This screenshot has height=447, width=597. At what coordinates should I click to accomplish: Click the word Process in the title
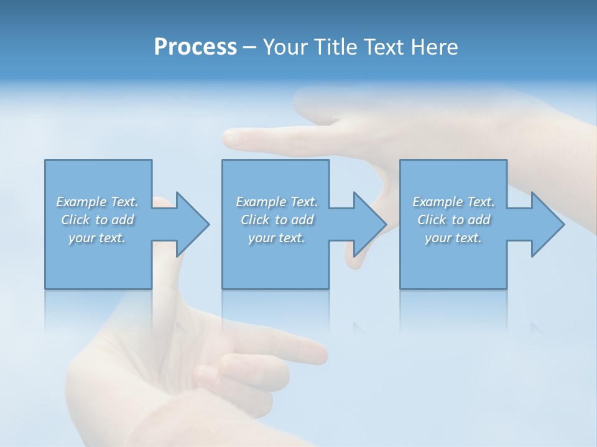[x=195, y=47]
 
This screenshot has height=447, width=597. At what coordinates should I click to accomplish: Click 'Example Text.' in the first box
[x=97, y=202]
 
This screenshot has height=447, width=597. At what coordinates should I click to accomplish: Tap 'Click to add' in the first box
[x=97, y=220]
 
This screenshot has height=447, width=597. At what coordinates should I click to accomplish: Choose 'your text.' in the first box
[x=97, y=238]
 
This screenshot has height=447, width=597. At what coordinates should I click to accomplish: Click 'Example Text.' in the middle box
[x=277, y=202]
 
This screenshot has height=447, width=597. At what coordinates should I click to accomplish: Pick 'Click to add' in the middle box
[x=277, y=220]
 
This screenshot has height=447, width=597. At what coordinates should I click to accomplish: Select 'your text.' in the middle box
[x=277, y=238]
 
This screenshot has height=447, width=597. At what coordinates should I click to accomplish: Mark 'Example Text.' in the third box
[x=453, y=202]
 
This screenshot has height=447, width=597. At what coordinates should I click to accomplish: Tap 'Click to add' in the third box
[x=453, y=220]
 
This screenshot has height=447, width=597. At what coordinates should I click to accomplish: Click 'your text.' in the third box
[x=453, y=238]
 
